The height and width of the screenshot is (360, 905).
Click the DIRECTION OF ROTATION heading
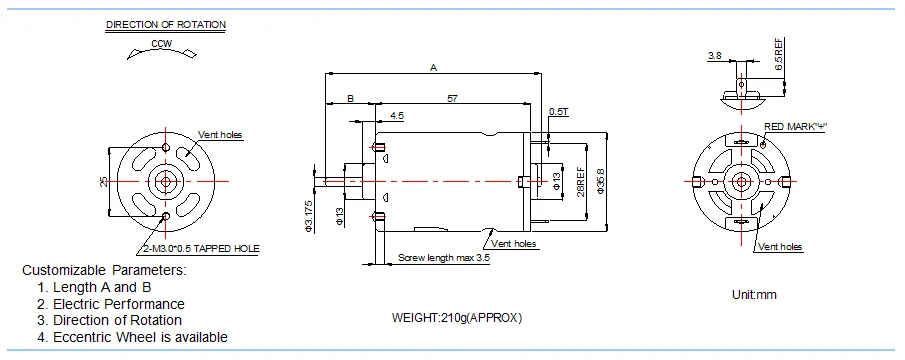(165, 23)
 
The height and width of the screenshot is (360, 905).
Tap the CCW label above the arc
(162, 43)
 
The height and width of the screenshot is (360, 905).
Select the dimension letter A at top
(433, 68)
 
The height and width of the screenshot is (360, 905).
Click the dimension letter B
(350, 98)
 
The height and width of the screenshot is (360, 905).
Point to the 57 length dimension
(452, 98)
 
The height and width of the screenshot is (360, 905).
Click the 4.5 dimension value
(397, 117)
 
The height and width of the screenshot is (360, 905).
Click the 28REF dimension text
(579, 180)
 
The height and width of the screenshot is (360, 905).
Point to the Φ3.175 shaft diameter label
(311, 215)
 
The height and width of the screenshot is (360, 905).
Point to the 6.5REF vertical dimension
(779, 50)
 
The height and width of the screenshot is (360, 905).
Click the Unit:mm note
(754, 295)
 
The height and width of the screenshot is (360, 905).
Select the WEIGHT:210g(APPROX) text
(457, 318)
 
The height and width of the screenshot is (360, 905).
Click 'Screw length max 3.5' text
(444, 257)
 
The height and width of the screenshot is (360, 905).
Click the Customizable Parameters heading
(105, 270)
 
